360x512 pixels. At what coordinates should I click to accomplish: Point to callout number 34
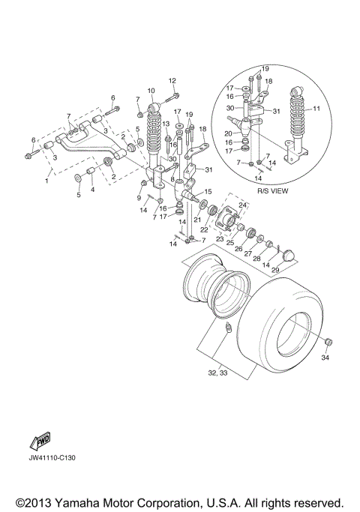coord(325,358)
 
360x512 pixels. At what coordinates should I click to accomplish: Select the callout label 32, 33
coord(218,373)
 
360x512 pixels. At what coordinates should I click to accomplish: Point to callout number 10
coord(151,91)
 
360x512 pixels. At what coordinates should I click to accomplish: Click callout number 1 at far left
coord(49,181)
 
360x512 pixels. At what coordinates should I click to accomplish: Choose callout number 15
coord(208,191)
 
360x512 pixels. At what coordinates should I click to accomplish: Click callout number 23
coord(220,238)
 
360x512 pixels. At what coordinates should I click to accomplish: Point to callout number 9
coord(139,197)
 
